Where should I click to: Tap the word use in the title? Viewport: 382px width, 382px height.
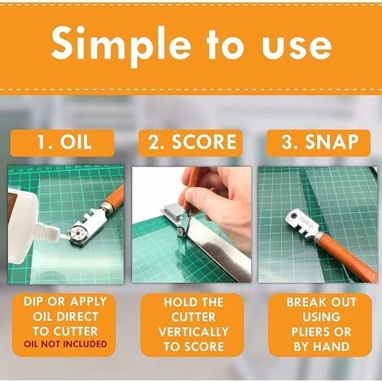click(x=297, y=46)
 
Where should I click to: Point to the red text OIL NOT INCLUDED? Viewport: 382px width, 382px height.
click(x=65, y=344)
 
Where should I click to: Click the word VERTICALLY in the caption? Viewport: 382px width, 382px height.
click(x=193, y=332)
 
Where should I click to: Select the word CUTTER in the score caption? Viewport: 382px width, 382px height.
click(x=193, y=317)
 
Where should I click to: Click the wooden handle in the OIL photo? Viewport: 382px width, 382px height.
click(x=114, y=198)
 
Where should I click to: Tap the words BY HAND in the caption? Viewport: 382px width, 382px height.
click(x=322, y=347)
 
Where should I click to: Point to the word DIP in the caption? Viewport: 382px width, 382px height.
click(x=33, y=302)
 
